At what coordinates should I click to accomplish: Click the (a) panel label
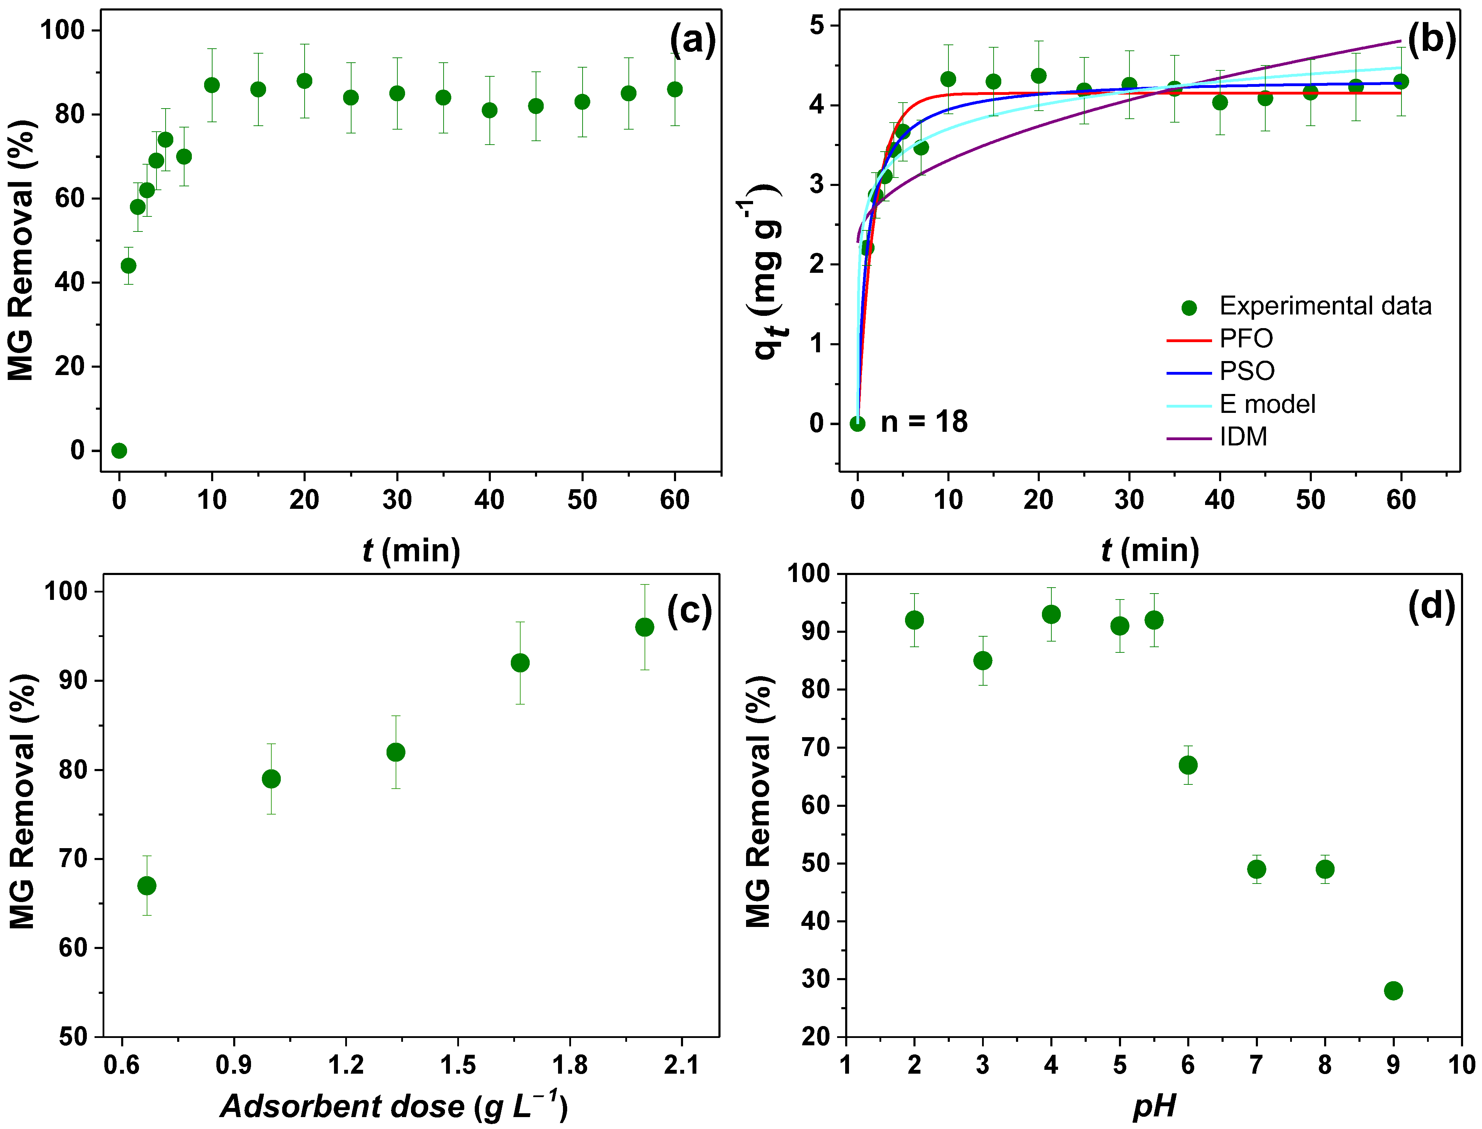tap(692, 40)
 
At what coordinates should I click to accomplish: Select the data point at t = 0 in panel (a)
tap(119, 450)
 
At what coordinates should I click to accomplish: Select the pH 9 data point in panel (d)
tap(1393, 991)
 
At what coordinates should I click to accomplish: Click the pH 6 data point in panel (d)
tap(1188, 765)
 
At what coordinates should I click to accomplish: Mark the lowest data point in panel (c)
tap(146, 886)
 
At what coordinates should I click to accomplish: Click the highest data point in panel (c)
tap(644, 627)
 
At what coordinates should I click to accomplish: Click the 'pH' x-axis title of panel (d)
tap(1154, 1106)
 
